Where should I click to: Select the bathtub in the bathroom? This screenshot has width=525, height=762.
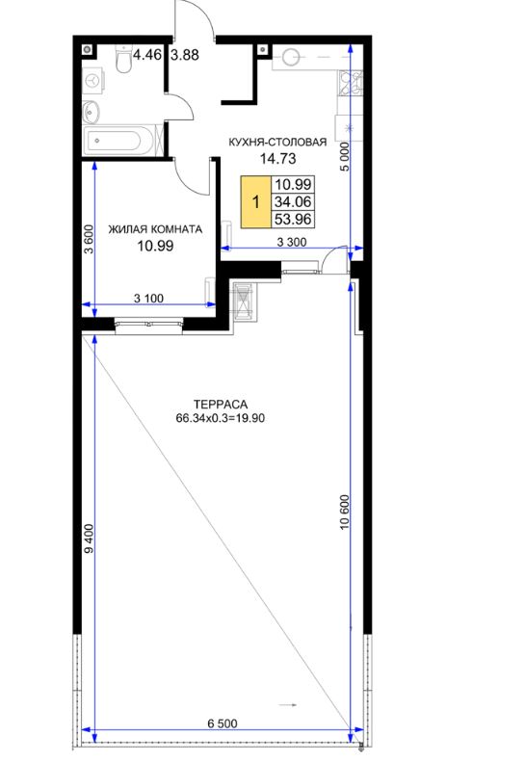tap(119, 141)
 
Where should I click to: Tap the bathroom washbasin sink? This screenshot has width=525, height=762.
tap(91, 112)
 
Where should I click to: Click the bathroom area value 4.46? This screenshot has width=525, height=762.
tap(146, 54)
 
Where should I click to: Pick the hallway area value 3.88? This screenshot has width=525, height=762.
tap(185, 55)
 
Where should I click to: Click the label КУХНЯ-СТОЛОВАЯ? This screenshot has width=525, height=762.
tap(277, 143)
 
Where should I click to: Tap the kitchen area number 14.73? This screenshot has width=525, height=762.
tap(278, 158)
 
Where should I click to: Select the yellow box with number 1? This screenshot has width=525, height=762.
tap(255, 201)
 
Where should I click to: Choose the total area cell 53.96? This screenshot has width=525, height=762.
tap(293, 220)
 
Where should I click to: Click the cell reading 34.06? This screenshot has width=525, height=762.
tap(293, 201)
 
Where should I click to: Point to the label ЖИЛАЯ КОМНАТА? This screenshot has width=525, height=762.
tap(155, 229)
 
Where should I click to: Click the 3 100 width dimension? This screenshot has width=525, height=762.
tap(148, 298)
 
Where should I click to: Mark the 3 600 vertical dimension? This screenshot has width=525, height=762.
tap(88, 239)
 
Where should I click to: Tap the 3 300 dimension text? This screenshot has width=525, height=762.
tap(292, 242)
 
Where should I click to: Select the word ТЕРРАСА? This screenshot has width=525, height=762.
tap(221, 405)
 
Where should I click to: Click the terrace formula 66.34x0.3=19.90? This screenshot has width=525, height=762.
tap(221, 418)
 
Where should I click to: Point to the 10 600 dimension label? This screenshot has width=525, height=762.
tap(345, 512)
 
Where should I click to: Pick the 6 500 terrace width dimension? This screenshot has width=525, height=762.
tap(223, 723)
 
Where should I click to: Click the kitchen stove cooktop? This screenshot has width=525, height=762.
tap(351, 82)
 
